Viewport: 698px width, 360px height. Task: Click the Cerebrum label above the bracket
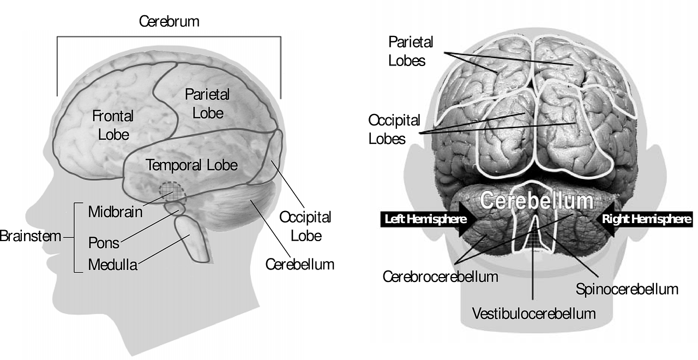point(169,21)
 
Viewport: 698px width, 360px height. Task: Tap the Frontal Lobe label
point(113,125)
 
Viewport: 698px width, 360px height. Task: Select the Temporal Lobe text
point(191,165)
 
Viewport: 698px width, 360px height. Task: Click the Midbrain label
point(115,212)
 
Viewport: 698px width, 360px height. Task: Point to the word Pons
point(104,243)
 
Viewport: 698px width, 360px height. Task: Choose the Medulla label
point(113,265)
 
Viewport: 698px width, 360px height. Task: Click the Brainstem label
point(30,236)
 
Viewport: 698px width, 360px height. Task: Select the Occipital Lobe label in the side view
point(305,226)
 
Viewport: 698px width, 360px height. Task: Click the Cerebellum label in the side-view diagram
point(300,265)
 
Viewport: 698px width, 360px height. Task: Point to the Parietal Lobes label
point(411,51)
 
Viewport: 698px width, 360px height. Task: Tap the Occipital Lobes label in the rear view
point(394,129)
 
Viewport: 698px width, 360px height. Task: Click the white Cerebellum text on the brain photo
point(537,200)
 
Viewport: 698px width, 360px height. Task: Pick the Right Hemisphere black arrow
point(643,219)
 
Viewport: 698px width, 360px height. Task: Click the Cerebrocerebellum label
point(440,277)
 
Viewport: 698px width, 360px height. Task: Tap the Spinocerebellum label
point(627,289)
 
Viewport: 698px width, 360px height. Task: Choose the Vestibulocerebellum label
point(534,313)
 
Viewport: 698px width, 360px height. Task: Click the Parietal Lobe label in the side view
point(207,104)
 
